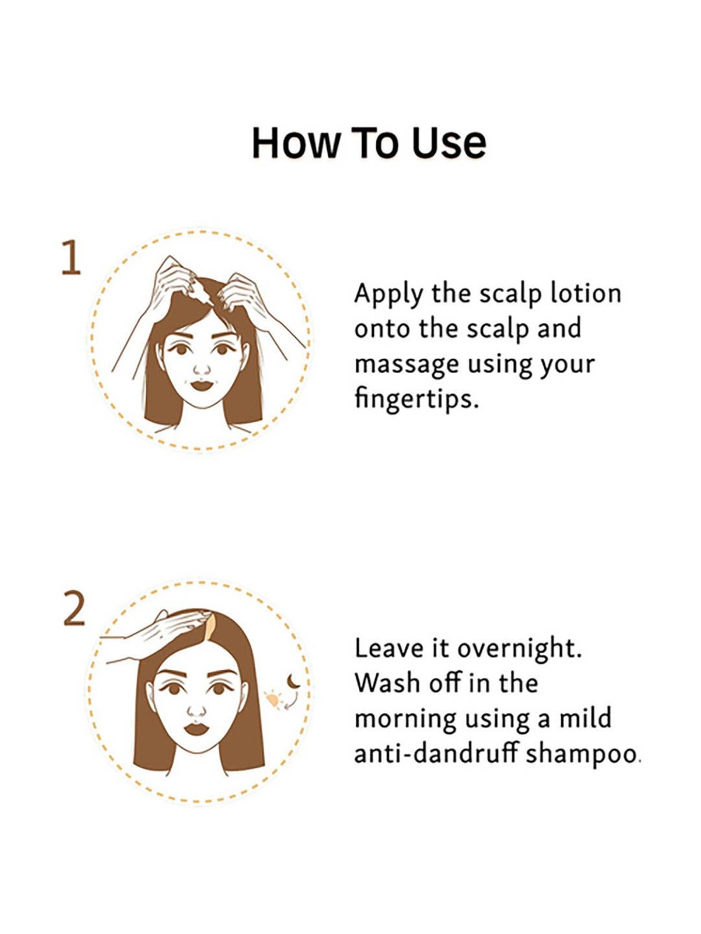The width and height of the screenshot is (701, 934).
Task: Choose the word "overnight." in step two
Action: pyautogui.click(x=519, y=649)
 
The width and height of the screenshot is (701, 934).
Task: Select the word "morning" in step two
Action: pyautogui.click(x=405, y=720)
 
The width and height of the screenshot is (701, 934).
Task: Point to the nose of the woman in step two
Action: pyautogui.click(x=196, y=711)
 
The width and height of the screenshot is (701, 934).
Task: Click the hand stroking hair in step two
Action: pyautogui.click(x=154, y=635)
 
